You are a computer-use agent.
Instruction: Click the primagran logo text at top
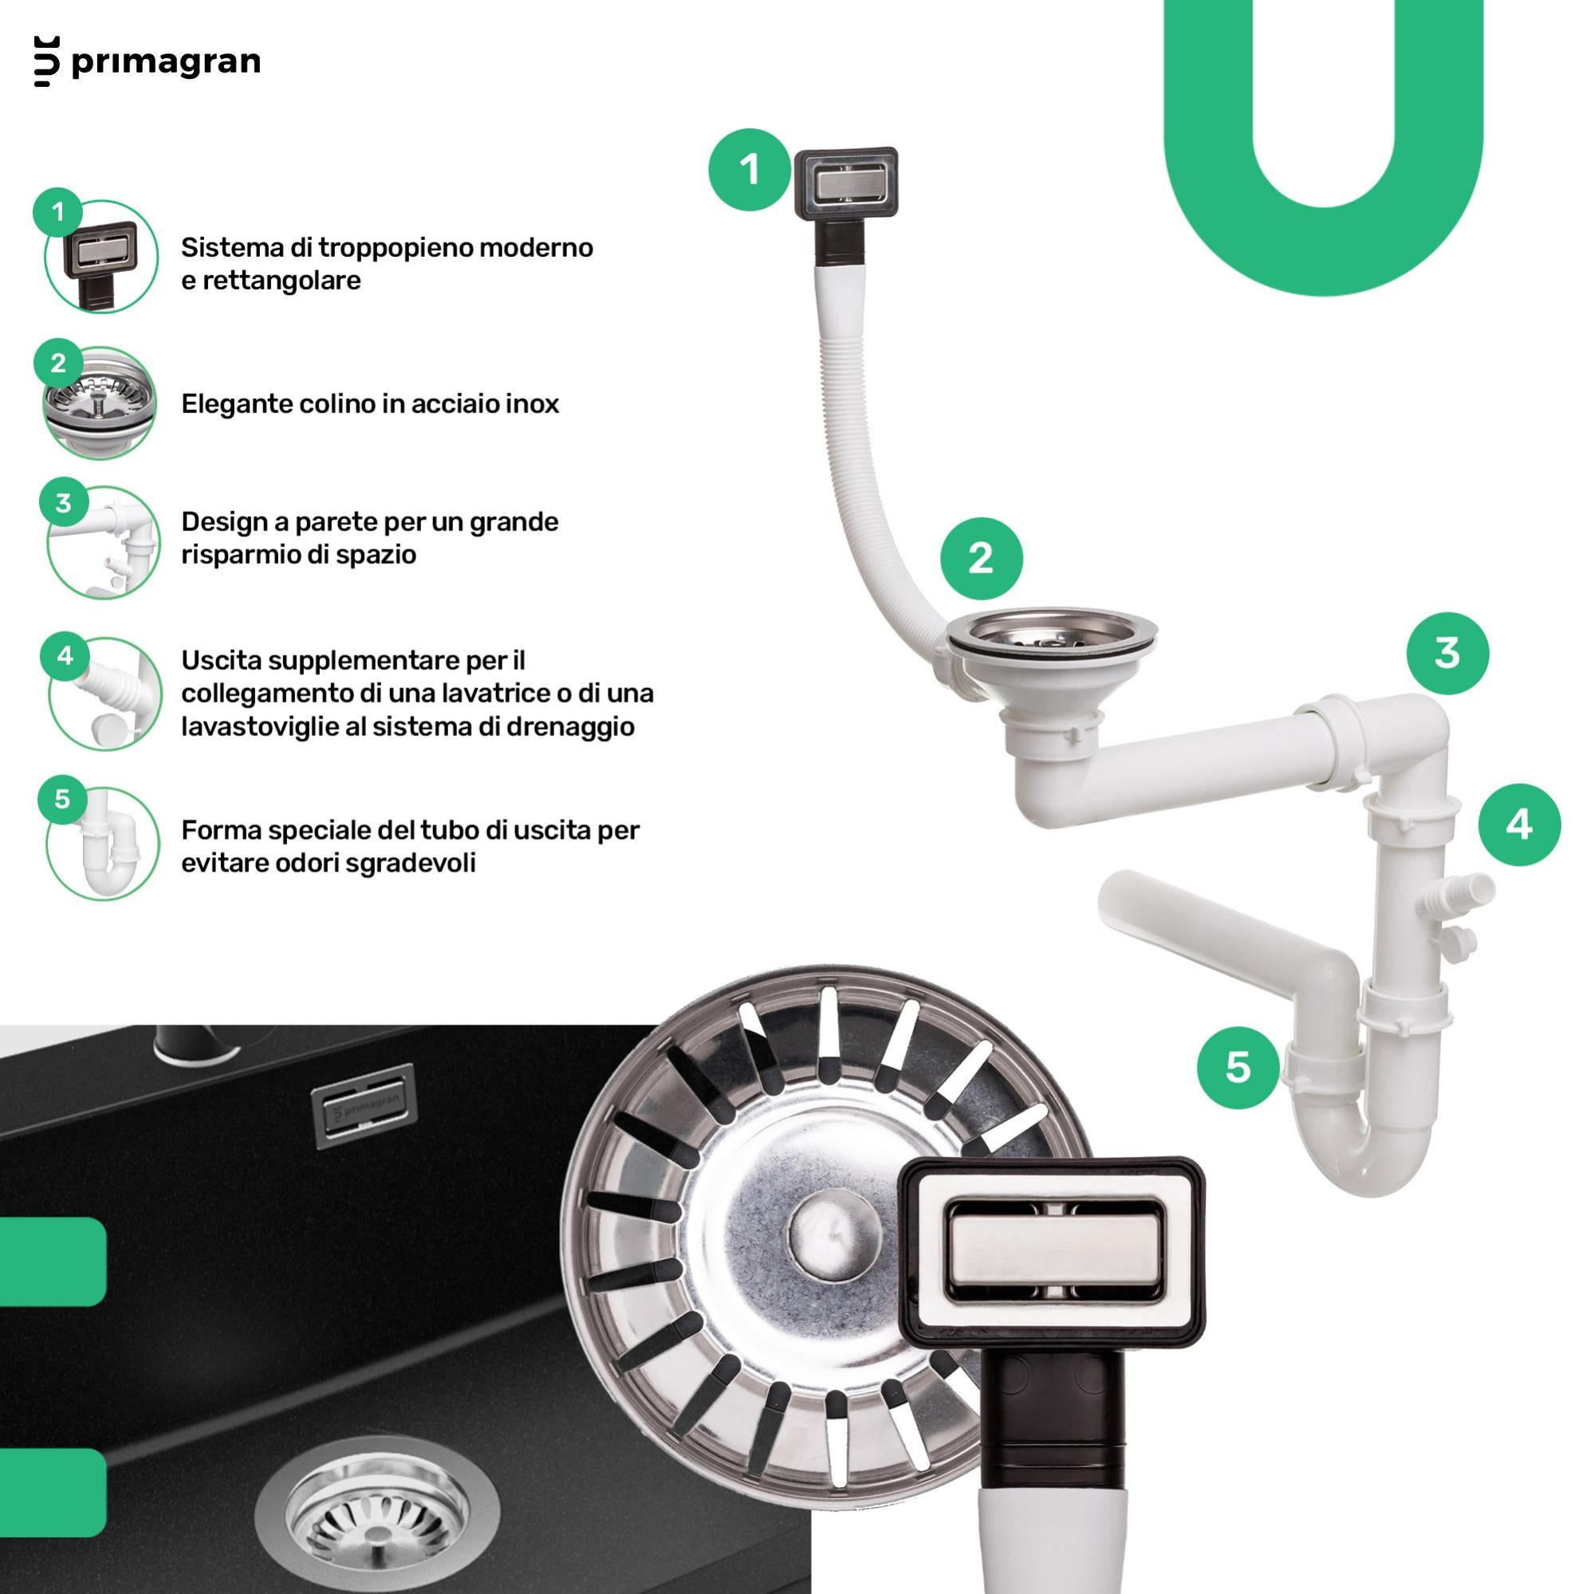coord(166,63)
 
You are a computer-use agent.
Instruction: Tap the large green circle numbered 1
coord(749,170)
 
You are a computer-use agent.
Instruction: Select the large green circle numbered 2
coord(981,558)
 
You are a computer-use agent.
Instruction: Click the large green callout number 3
coord(1447,652)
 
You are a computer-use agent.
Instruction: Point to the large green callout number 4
coord(1519,825)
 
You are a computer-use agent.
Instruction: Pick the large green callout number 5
coord(1238,1067)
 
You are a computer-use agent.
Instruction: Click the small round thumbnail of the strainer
coord(100,402)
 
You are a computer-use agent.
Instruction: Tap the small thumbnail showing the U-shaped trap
coord(102,843)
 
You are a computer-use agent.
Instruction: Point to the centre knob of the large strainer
coord(828,1234)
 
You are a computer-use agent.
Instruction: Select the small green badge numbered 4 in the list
coord(65,656)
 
